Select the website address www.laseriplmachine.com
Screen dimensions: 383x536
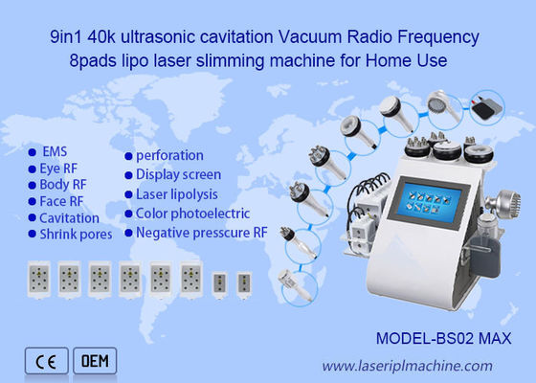point(406,365)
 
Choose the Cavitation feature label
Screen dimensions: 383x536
point(69,217)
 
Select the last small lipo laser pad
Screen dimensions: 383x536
point(244,282)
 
